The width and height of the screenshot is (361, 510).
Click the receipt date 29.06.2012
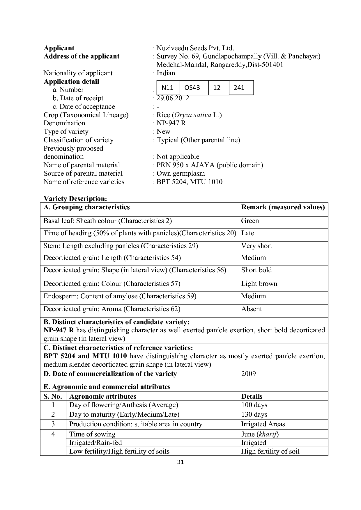173,98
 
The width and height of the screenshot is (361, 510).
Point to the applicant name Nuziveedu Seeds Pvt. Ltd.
195,48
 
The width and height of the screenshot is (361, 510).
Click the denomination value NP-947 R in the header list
171,123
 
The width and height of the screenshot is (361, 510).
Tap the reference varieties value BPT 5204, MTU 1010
190,182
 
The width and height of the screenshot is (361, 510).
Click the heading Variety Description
75,199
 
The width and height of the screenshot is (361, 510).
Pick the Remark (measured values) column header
283,207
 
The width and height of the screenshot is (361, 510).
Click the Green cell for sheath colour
250,221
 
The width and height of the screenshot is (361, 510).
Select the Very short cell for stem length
256,246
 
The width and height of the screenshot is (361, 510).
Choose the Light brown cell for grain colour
259,283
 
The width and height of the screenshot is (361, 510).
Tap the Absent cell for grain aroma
252,309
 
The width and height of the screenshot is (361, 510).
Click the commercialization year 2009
249,374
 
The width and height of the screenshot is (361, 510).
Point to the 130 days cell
254,414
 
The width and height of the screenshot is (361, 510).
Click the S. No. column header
53,396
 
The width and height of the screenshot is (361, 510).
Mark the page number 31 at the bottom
180,462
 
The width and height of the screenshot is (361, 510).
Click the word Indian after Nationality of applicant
166,73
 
